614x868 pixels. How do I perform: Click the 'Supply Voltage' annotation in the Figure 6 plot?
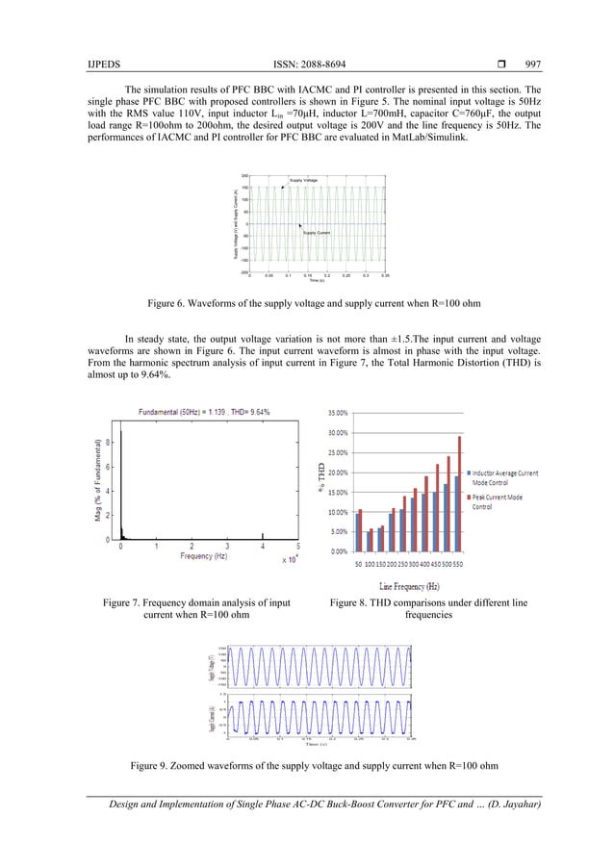[x=303, y=181]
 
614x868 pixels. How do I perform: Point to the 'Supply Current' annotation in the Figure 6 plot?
[x=317, y=233]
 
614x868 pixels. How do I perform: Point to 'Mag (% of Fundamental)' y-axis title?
[x=99, y=480]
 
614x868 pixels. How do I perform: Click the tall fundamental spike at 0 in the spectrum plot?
[x=122, y=481]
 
